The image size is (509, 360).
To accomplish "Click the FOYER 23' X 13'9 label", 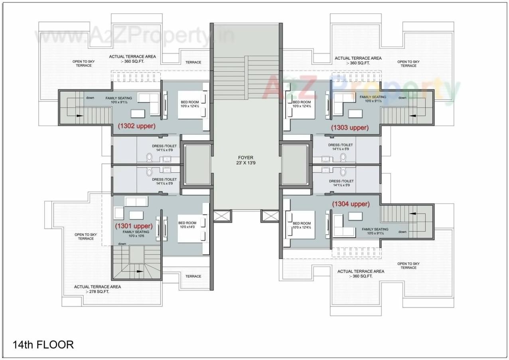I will click(x=246, y=160).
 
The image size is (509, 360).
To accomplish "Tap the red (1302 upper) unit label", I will click(x=136, y=126).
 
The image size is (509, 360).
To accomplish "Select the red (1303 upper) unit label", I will click(x=350, y=128).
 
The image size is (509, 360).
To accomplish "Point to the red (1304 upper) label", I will click(x=351, y=204).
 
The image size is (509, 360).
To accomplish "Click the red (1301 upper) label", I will click(x=134, y=226).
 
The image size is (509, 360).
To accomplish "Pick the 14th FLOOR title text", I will click(x=43, y=344).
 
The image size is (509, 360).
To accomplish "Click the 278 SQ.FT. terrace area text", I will click(x=97, y=291).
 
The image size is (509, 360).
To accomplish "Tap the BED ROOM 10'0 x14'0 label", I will click(x=187, y=225).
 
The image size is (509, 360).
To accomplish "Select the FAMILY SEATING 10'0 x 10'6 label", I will click(x=136, y=234).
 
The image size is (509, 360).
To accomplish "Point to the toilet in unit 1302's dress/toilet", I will click(x=150, y=157).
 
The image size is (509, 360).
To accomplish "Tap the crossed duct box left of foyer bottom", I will click(x=222, y=216).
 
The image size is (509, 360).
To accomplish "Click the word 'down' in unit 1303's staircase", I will click(x=402, y=98).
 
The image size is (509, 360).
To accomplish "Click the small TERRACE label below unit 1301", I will click(x=193, y=276).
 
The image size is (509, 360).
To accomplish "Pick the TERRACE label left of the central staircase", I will click(x=193, y=62).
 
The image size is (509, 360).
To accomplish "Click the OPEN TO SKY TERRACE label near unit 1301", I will click(x=85, y=236).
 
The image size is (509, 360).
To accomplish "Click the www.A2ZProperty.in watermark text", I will click(x=134, y=37).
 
